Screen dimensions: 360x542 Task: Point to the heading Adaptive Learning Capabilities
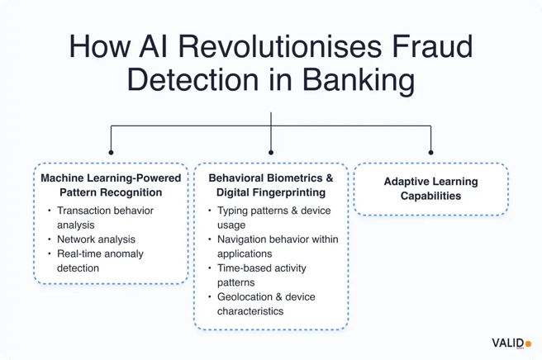[x=430, y=189]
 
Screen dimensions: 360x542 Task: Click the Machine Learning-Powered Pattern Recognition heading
[x=110, y=186]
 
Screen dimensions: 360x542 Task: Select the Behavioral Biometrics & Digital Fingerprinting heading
[x=271, y=186]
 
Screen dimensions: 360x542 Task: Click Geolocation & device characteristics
[x=267, y=303]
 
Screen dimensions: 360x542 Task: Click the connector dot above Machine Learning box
[x=111, y=151]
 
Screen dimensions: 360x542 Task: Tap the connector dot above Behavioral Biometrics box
[x=271, y=151]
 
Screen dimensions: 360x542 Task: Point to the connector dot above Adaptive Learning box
[x=430, y=151]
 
